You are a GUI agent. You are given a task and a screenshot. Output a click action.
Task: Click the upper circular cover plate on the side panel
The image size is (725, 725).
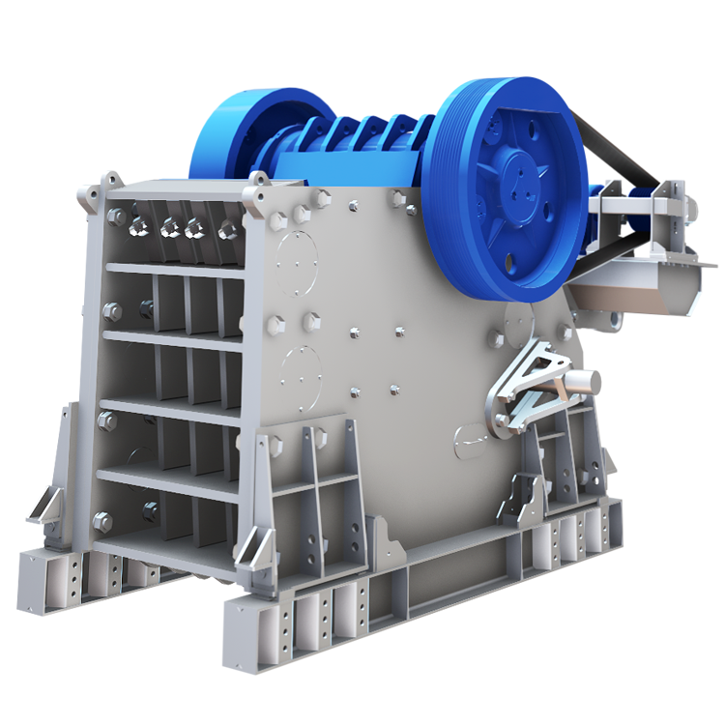click(297, 260)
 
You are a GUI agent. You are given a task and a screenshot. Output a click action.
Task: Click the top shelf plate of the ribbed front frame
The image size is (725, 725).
click(174, 270)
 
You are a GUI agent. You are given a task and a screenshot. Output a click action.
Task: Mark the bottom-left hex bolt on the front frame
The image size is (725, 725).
click(102, 522)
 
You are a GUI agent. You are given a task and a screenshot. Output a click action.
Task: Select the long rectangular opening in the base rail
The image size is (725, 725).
click(454, 579)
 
